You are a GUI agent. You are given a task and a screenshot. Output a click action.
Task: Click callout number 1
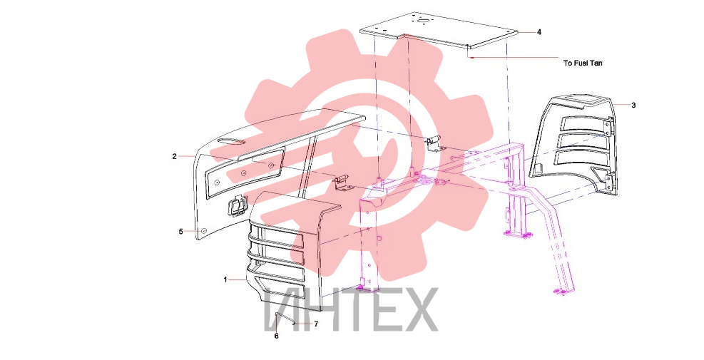(225, 279)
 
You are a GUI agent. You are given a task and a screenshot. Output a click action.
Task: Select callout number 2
(174, 157)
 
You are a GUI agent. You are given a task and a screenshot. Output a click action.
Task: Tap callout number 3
(633, 106)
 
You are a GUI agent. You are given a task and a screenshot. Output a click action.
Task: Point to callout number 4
(539, 32)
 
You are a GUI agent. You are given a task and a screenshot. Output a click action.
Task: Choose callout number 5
(181, 232)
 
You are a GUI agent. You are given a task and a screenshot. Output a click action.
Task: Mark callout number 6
(276, 336)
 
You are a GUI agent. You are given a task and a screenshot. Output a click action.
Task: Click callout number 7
(316, 324)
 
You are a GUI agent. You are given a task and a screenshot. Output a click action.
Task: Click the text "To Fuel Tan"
(583, 63)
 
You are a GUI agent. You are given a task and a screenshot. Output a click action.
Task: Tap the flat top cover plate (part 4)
(440, 29)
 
